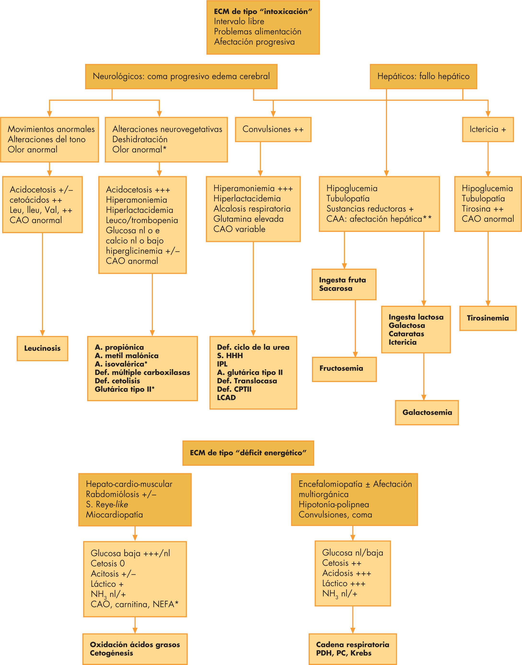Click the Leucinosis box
coord(42,348)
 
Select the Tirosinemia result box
coord(488,318)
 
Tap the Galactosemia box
coord(427,412)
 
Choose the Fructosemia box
coord(344,369)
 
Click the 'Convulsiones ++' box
coord(273,129)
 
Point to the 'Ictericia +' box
coord(488,129)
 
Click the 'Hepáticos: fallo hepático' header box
coord(423,77)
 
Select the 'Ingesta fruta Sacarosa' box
coord(344,284)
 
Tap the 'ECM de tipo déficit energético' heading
coord(248,453)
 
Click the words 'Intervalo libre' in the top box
coord(239,21)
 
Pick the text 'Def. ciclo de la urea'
coord(253,347)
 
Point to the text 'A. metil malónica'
coord(127,356)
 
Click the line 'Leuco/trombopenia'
coord(142,220)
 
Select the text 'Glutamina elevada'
coord(248,219)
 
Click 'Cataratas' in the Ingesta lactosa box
coord(406,334)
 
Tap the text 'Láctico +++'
coord(344,583)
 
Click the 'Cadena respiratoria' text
coord(352,645)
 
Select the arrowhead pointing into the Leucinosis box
coord(42,333)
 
